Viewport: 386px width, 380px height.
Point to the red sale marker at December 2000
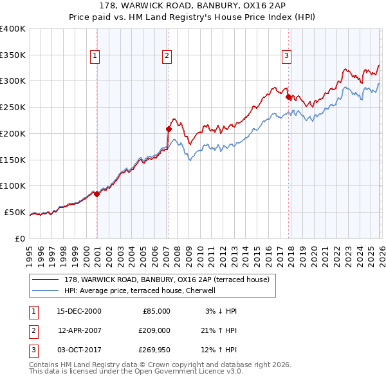pos(96,193)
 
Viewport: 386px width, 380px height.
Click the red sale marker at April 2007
pos(169,128)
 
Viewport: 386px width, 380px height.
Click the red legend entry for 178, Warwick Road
pos(161,279)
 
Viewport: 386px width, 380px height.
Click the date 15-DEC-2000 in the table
pos(78,311)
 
